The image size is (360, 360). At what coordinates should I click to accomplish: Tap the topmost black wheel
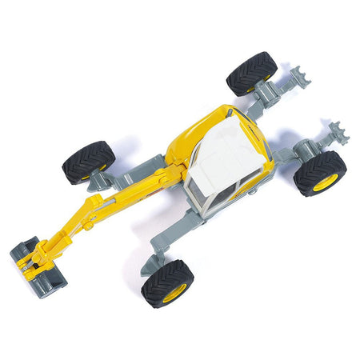[251, 74]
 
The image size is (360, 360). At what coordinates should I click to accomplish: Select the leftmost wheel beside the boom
[88, 162]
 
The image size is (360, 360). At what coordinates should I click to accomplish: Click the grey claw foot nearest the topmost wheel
[302, 79]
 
